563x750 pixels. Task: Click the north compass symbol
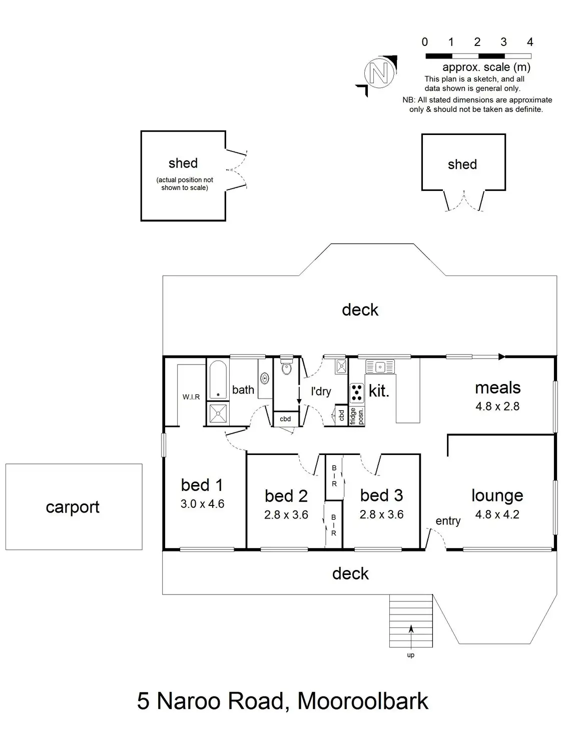coord(379,73)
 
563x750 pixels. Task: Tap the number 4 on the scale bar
coord(530,42)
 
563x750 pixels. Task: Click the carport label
coord(73,507)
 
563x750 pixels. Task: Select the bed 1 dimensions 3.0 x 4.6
coord(202,503)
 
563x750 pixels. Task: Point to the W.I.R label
coord(191,397)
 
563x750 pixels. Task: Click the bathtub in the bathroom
coord(218,379)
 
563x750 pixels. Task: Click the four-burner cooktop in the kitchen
coord(356,392)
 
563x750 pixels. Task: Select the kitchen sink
coord(380,366)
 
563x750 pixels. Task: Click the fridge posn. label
coord(356,416)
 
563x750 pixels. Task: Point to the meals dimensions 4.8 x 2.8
coord(497,406)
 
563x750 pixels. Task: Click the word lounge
coord(497,495)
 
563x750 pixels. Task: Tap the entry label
coord(448,521)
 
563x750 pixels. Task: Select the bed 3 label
coord(381,495)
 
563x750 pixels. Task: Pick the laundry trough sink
coord(341,365)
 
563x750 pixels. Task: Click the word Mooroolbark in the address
coord(363,701)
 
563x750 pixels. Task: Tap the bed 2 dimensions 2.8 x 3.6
coord(286,514)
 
